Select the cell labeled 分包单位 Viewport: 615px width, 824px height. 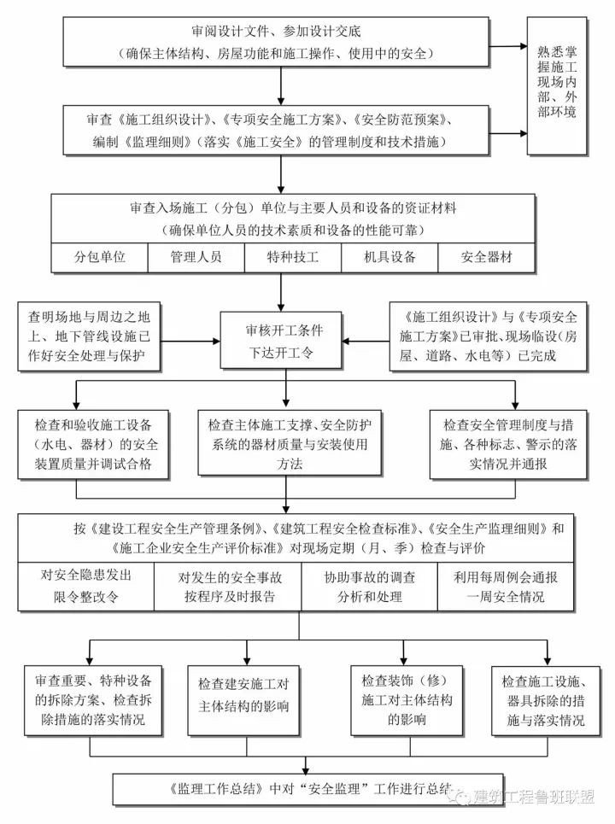[100, 257]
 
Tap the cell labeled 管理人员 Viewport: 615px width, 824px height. [196, 257]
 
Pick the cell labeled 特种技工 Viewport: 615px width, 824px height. [293, 257]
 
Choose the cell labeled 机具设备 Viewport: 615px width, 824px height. [389, 257]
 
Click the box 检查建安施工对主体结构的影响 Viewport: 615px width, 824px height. [244, 696]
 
